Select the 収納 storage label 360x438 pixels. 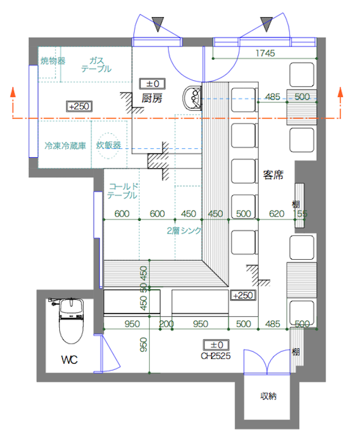[269, 396]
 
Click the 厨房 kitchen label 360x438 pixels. [151, 99]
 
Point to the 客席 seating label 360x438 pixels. [273, 175]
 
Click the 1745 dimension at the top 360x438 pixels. [266, 53]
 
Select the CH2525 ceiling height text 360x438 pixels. [215, 355]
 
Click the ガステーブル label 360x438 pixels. [96, 64]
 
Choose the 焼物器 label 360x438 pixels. [53, 60]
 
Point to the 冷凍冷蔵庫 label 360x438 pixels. [65, 146]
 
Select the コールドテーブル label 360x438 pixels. [122, 191]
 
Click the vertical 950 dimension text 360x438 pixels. [143, 346]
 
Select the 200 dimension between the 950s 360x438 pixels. [166, 323]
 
